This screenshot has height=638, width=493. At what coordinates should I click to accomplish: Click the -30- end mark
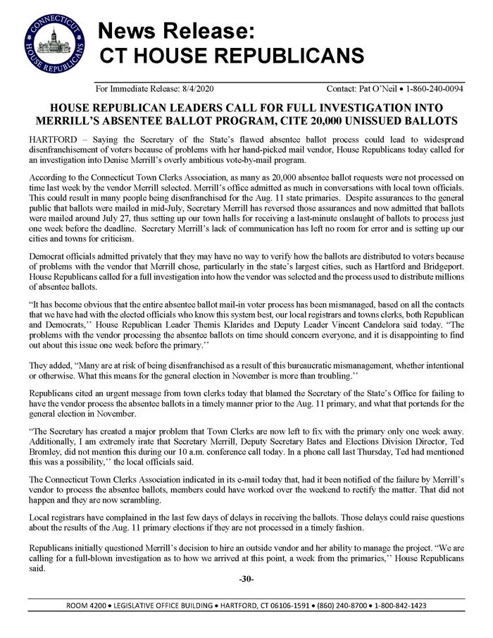click(246, 579)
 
